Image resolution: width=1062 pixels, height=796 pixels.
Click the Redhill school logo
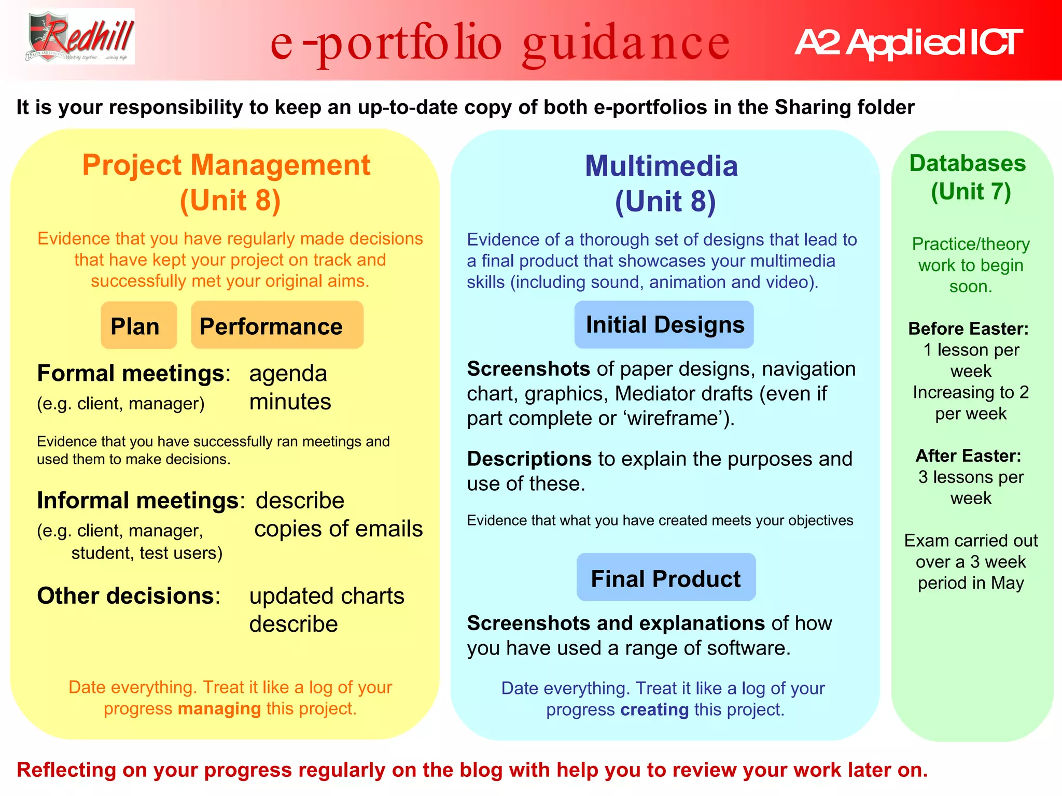tap(80, 37)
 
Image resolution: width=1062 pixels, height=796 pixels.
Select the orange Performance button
tap(277, 325)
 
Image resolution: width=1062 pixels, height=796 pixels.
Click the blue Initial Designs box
tap(664, 324)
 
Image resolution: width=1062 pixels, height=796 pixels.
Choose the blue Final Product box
tap(666, 578)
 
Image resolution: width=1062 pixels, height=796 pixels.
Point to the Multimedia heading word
tap(661, 166)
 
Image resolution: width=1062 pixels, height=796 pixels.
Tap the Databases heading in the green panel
tap(967, 163)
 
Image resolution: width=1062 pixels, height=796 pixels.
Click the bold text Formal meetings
tap(131, 373)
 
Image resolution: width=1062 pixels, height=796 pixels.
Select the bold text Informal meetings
tap(138, 500)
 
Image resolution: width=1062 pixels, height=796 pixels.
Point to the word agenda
tap(288, 374)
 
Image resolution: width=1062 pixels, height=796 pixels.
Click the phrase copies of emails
tap(338, 529)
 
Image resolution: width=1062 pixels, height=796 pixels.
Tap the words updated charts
tap(326, 596)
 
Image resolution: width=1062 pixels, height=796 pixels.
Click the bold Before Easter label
tap(968, 329)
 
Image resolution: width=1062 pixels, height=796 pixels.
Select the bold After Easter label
tap(968, 456)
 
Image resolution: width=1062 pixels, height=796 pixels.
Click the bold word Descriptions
tap(529, 459)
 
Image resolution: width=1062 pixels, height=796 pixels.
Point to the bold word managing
tap(219, 708)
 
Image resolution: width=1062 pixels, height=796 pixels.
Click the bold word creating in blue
tap(654, 709)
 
